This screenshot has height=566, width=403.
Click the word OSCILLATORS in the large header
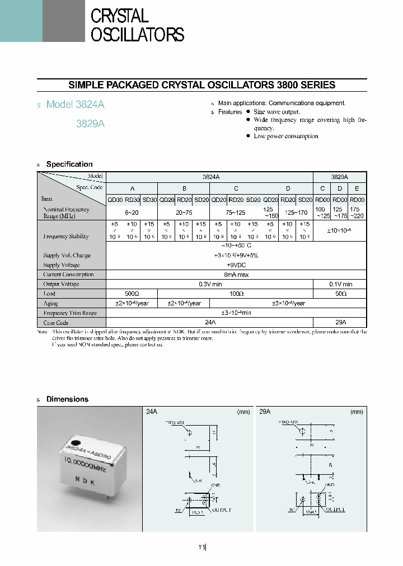click(x=137, y=35)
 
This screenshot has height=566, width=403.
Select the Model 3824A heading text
click(x=75, y=105)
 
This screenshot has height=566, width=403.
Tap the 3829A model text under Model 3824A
click(x=90, y=124)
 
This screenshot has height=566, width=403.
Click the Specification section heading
click(x=69, y=164)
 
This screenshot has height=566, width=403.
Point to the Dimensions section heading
click(x=67, y=399)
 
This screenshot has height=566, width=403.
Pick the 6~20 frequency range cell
click(x=132, y=213)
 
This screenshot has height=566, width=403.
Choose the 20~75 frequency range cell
click(x=183, y=213)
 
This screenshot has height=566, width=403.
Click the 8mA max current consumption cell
click(x=236, y=274)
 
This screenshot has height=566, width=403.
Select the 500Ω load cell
click(x=132, y=293)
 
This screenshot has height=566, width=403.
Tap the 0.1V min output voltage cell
click(x=339, y=284)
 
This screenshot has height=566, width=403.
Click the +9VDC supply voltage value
click(x=236, y=265)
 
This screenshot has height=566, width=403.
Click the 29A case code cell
click(x=339, y=322)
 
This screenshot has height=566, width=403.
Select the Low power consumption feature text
click(x=285, y=136)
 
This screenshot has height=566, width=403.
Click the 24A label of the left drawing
click(x=151, y=411)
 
